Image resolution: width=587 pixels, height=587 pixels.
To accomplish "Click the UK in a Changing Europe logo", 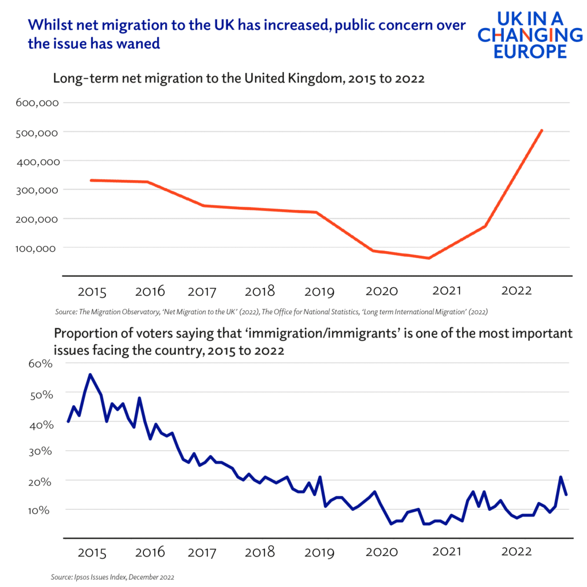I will tap(522, 34).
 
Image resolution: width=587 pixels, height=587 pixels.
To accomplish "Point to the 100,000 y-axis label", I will tap(39, 248).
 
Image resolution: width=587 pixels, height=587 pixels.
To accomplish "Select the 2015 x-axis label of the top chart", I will tap(92, 292).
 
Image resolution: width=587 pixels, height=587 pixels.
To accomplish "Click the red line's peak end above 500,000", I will tap(542, 131).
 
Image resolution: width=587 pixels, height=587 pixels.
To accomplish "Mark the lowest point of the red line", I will tap(428, 258).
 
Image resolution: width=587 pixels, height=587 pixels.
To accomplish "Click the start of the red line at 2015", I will tap(91, 180).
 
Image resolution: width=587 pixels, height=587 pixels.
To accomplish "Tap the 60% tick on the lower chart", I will tap(39, 364).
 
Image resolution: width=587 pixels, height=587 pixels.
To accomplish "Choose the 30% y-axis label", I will tap(39, 452).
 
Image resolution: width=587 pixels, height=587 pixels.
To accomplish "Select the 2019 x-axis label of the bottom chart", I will tap(319, 553).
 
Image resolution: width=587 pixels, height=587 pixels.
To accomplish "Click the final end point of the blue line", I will tap(566, 495).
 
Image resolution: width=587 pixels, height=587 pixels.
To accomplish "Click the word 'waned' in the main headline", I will tap(135, 44).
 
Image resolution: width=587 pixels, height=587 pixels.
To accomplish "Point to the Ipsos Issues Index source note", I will tap(112, 576).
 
